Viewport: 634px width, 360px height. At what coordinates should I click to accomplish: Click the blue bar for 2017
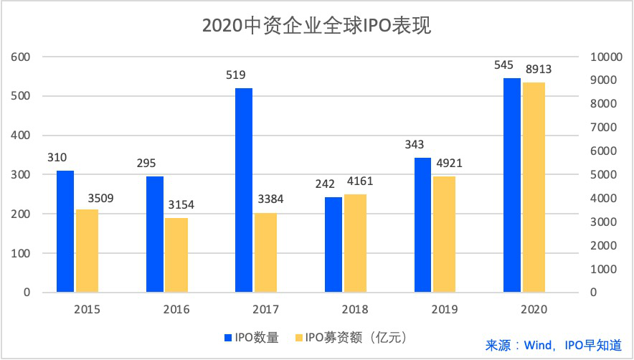(x=244, y=190)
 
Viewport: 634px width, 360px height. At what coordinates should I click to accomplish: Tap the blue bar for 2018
(x=333, y=245)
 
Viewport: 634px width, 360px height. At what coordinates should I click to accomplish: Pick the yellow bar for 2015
(x=87, y=251)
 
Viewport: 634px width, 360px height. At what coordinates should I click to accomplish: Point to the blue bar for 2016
(x=155, y=235)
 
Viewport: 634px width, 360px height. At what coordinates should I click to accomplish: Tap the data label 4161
(x=359, y=181)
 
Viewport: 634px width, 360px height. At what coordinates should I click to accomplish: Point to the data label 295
(x=146, y=164)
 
